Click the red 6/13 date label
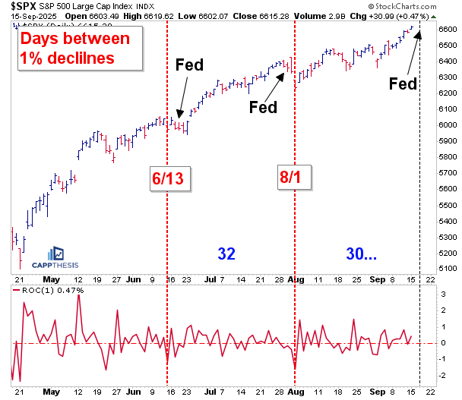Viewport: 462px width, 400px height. point(166,179)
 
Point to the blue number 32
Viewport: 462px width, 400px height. point(226,254)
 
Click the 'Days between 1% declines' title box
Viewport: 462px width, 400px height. point(74,47)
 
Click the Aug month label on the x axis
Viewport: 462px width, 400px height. point(297,279)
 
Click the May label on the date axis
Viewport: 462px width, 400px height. point(51,279)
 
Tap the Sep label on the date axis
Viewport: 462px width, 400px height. point(378,279)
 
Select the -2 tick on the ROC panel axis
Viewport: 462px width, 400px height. point(442,376)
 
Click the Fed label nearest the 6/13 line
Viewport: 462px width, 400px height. point(189,65)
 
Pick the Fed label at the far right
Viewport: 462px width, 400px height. point(403,83)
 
